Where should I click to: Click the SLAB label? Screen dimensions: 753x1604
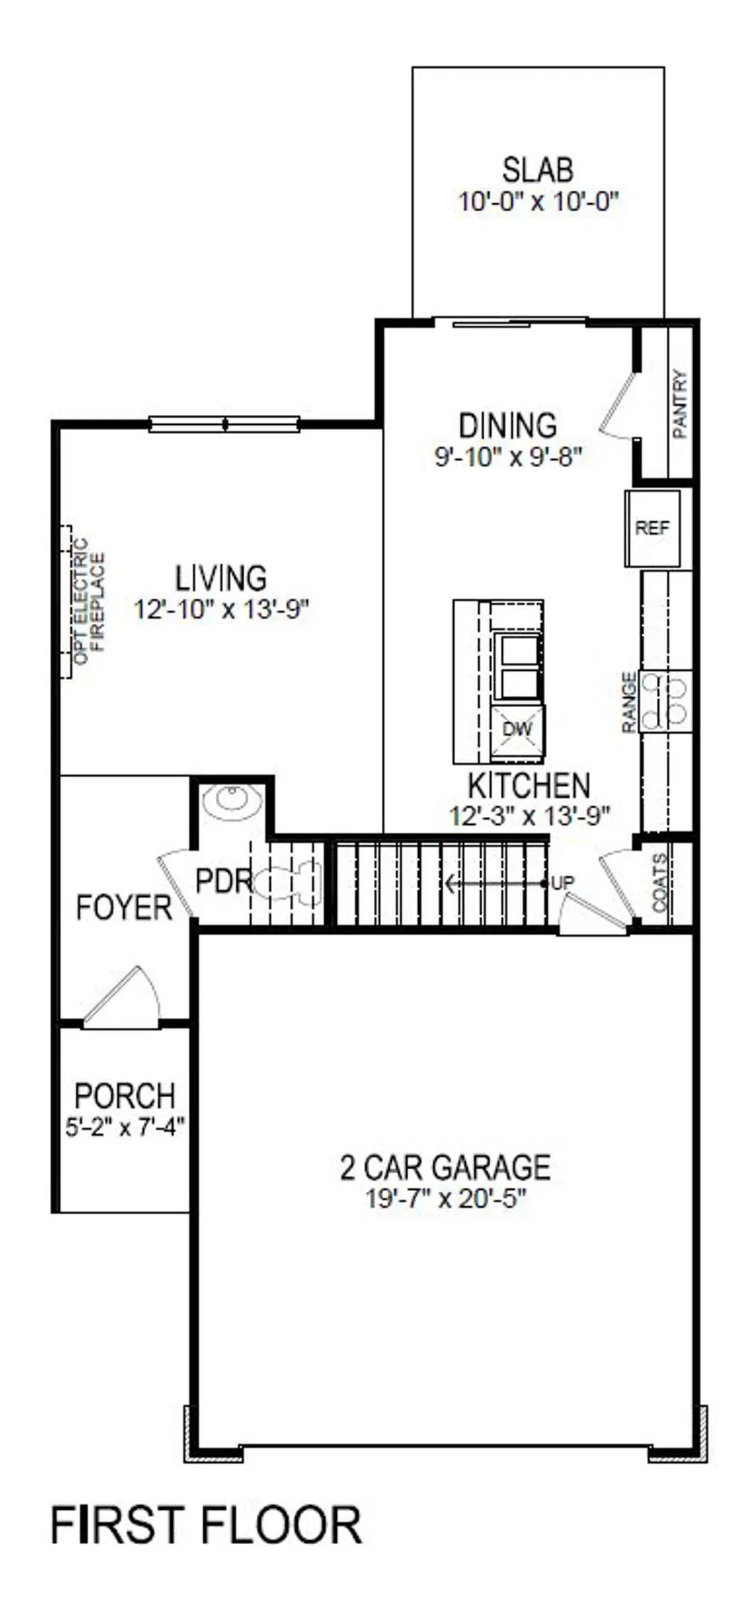click(x=537, y=171)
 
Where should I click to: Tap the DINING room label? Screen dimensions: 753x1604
click(x=507, y=426)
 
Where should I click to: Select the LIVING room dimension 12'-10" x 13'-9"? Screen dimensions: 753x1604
click(x=222, y=610)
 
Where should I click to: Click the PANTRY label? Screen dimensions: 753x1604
click(x=680, y=403)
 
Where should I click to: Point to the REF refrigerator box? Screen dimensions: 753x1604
click(x=652, y=528)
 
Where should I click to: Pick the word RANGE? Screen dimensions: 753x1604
click(x=629, y=702)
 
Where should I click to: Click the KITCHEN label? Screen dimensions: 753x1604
click(x=529, y=786)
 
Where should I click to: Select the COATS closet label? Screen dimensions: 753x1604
click(x=660, y=883)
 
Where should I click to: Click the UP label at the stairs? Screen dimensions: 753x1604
click(x=563, y=883)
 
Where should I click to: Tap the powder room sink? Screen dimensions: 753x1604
click(x=231, y=801)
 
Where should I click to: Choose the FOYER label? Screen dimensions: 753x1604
click(x=124, y=908)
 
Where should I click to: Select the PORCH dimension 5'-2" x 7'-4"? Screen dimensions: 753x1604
click(x=125, y=1127)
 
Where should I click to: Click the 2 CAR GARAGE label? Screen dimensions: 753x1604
click(x=445, y=1168)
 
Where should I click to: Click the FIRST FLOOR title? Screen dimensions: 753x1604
click(x=207, y=1527)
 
